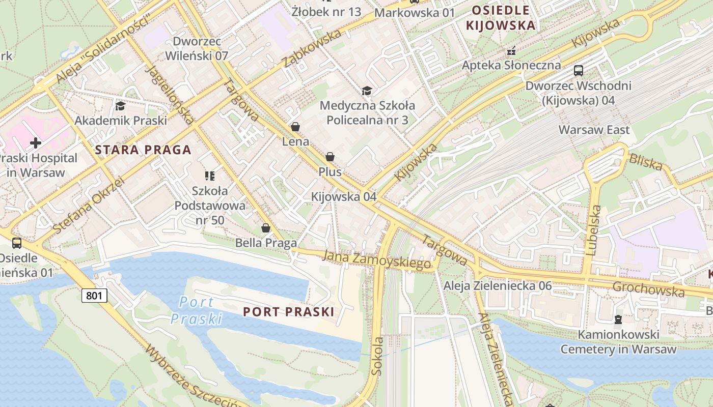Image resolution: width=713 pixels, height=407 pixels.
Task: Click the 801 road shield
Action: click(x=94, y=295)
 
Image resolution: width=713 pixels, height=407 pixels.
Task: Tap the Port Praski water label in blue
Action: click(x=197, y=310)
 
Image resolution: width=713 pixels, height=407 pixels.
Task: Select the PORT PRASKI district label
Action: click(x=288, y=312)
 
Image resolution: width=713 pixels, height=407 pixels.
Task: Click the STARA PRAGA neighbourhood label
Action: click(x=143, y=150)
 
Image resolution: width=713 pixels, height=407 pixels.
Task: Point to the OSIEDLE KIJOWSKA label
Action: click(x=501, y=18)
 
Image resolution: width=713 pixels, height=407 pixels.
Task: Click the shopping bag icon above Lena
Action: click(x=295, y=127)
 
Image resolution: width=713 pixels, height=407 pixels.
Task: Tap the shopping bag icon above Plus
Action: click(x=330, y=157)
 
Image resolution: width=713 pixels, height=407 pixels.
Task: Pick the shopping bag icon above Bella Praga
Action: click(x=265, y=228)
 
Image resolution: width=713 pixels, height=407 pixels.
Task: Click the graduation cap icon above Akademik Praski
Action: click(x=120, y=106)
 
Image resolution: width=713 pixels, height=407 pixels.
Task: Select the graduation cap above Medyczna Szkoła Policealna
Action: click(x=367, y=91)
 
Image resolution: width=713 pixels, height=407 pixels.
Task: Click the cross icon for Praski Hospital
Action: click(x=35, y=142)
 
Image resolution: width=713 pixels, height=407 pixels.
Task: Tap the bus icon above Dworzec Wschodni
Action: click(x=578, y=71)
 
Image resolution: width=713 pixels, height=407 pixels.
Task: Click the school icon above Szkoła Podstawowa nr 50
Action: click(x=209, y=176)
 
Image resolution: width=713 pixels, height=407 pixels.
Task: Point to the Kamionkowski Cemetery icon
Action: click(x=618, y=319)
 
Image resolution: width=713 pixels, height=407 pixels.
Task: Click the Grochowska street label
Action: click(x=648, y=289)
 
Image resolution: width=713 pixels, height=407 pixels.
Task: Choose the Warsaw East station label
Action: click(x=594, y=130)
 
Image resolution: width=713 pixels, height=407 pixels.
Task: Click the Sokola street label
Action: click(x=377, y=356)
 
